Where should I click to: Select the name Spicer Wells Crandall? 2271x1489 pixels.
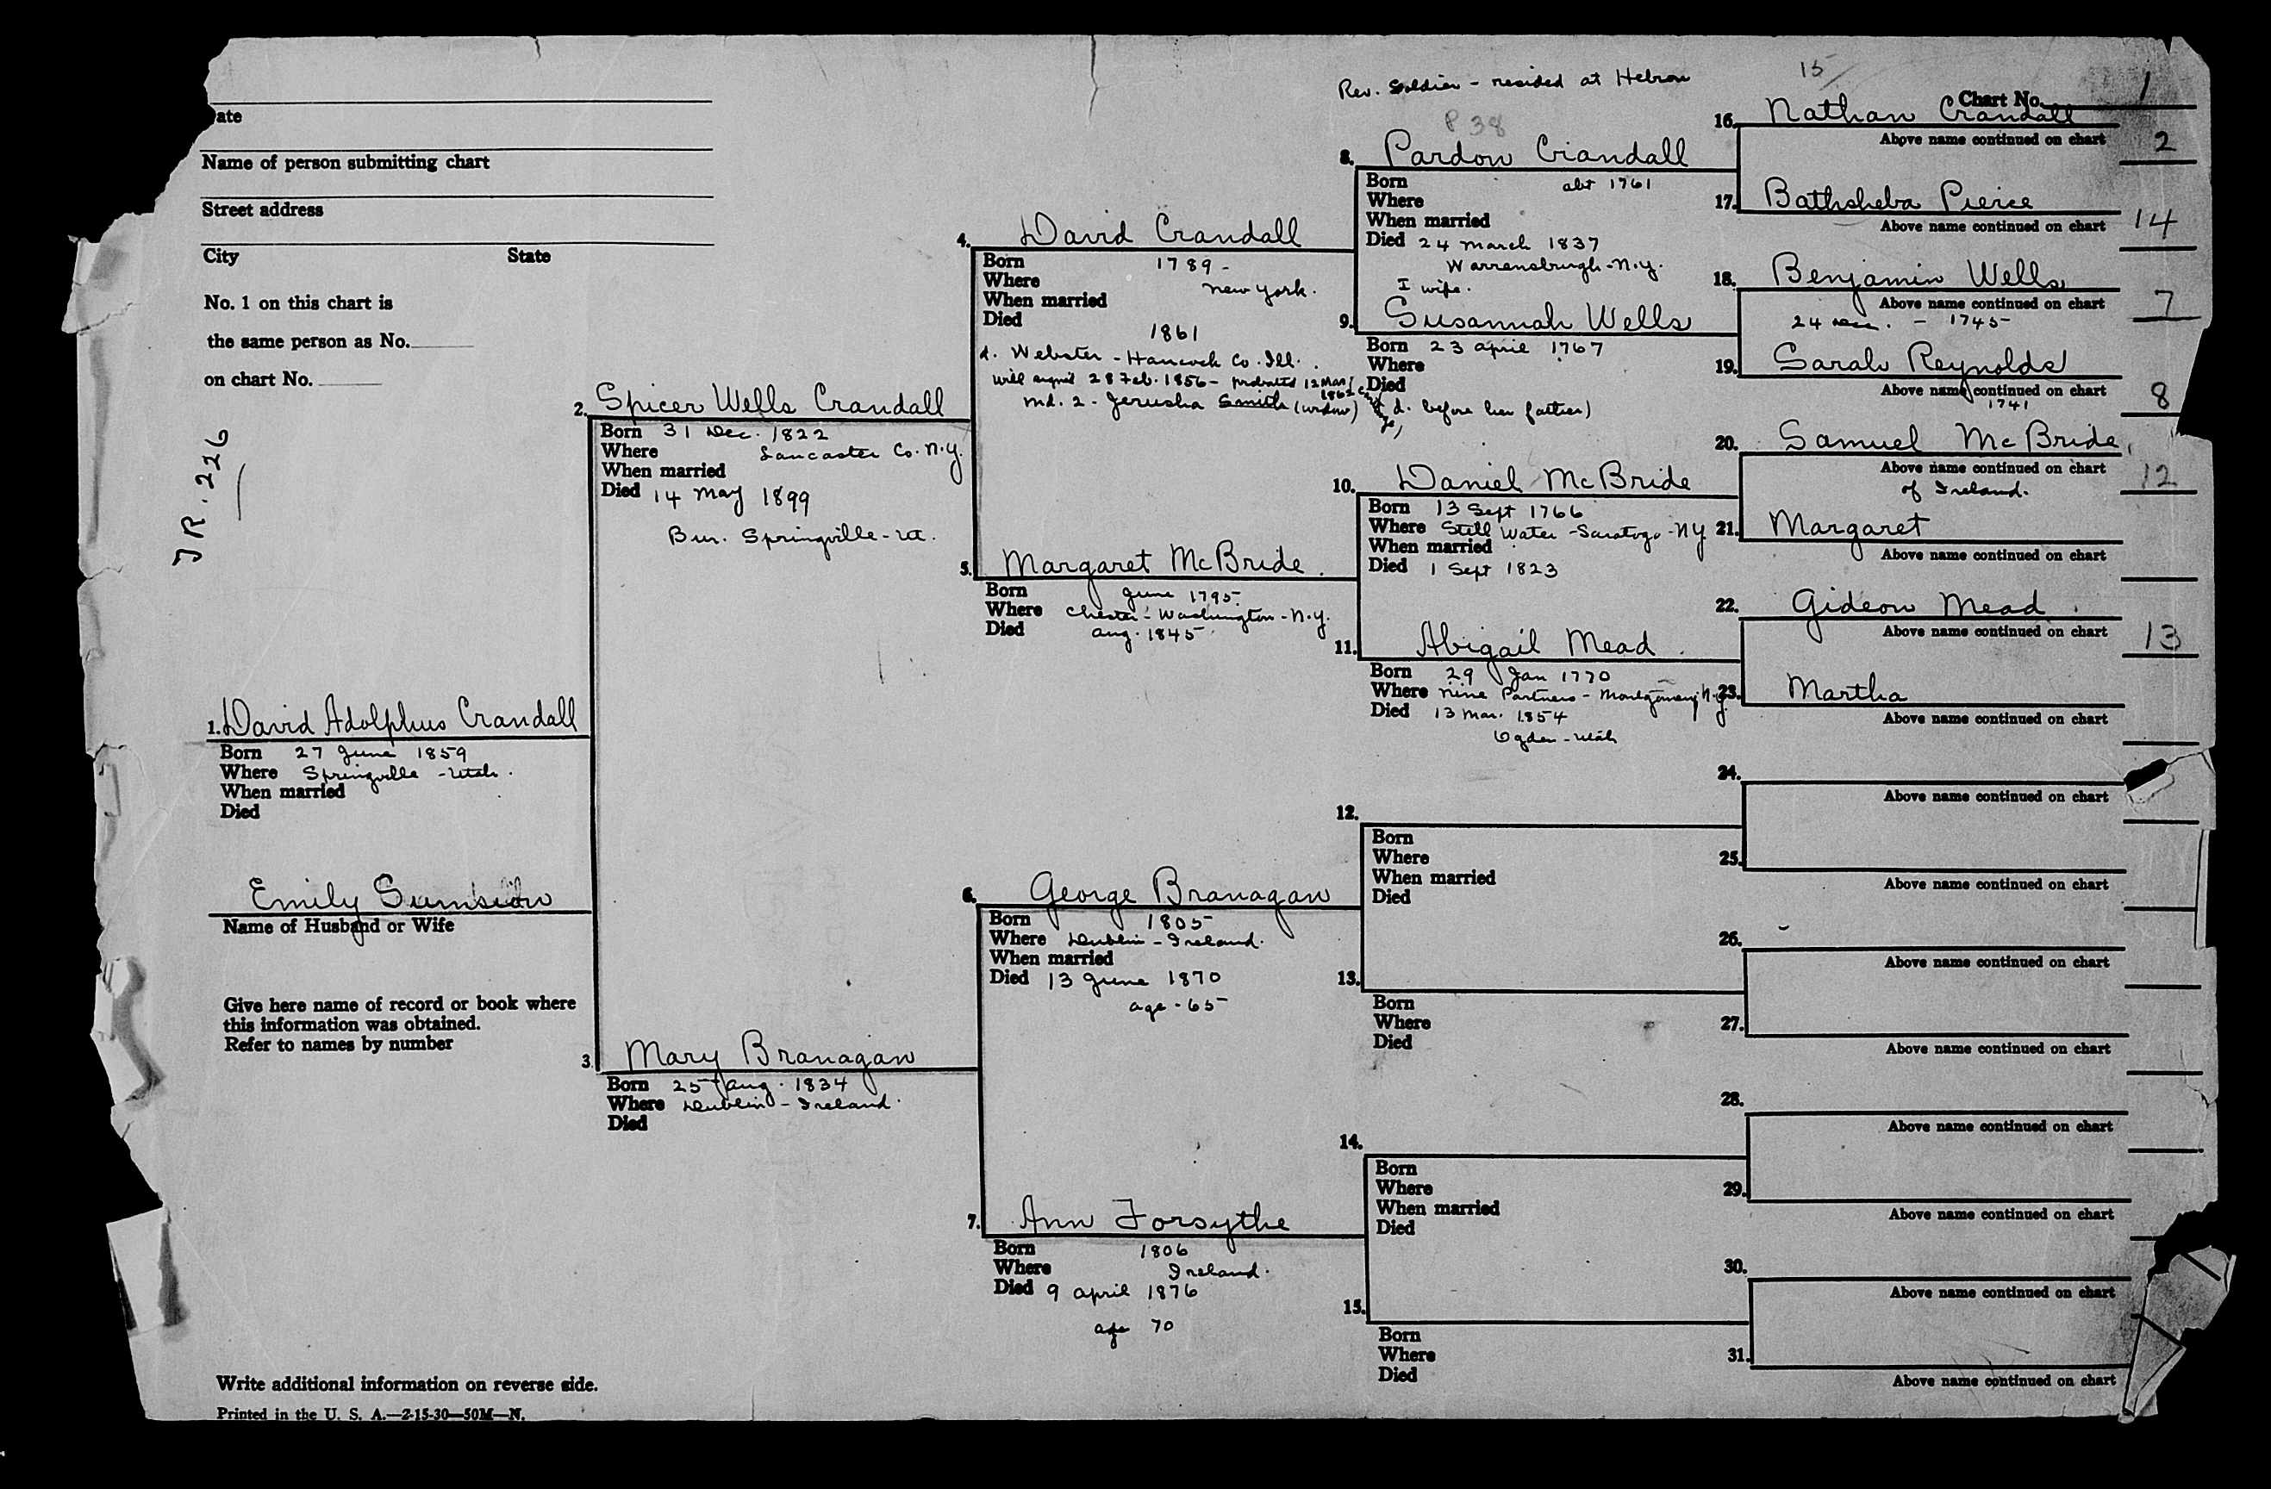(769, 401)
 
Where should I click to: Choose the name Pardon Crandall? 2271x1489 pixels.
(1534, 151)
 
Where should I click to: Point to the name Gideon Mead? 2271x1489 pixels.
(1917, 604)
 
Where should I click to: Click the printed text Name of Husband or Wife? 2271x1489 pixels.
(338, 926)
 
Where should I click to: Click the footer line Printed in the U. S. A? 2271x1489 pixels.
(371, 1415)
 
